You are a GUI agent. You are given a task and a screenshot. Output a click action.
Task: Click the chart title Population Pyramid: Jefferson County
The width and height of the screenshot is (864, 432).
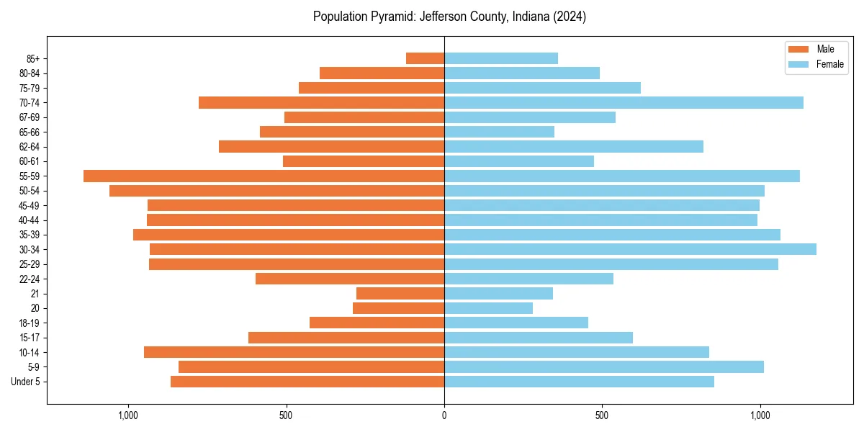tap(449, 17)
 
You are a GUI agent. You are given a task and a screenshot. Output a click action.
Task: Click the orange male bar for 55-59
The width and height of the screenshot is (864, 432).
tap(264, 176)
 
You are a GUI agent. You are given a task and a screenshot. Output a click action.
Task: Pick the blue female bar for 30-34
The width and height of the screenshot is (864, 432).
tap(630, 249)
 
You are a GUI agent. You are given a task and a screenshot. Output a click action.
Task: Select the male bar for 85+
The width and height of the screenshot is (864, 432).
tap(425, 58)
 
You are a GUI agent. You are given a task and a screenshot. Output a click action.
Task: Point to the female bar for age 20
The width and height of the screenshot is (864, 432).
tap(488, 308)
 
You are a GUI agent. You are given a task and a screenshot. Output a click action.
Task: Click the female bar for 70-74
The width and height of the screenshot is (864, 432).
tap(624, 102)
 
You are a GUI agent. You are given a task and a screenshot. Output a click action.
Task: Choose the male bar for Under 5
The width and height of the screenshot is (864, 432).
tap(307, 382)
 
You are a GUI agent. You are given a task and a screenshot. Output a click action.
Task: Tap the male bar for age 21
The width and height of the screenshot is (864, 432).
tap(400, 293)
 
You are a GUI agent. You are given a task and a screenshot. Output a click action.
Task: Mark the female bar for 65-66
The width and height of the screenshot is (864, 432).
tap(499, 132)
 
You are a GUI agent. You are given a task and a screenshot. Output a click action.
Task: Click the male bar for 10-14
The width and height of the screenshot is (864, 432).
tap(294, 352)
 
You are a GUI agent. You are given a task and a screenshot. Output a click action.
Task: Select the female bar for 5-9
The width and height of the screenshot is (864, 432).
tap(603, 366)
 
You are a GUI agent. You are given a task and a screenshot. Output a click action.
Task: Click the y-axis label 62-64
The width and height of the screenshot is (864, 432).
tap(29, 147)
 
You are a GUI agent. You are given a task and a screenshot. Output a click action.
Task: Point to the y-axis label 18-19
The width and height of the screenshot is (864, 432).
tap(29, 323)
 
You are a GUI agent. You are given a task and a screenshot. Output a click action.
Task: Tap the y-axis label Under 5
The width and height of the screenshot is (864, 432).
tap(25, 382)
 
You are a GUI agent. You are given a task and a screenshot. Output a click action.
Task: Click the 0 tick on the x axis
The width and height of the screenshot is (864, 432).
tap(444, 415)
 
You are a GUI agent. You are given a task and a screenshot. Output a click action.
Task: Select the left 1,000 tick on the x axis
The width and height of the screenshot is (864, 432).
tap(127, 415)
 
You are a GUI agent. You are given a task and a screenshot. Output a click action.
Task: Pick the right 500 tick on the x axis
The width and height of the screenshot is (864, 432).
tap(602, 415)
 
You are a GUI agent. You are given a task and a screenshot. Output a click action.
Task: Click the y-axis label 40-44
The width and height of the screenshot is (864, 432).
tap(29, 220)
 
